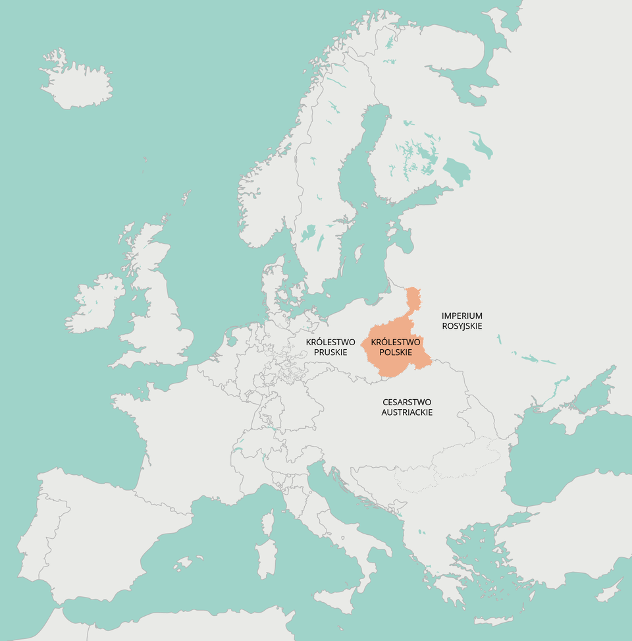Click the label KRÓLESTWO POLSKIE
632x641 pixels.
396,347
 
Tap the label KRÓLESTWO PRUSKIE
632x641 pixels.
330,347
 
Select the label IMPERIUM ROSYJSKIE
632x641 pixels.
462,321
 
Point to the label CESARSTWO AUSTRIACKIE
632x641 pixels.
407,407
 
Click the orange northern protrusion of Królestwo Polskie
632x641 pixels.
413,300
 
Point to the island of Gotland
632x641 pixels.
359,253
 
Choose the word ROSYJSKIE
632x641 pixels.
462,326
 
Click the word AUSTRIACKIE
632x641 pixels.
407,412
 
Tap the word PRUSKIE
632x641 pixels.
330,352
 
